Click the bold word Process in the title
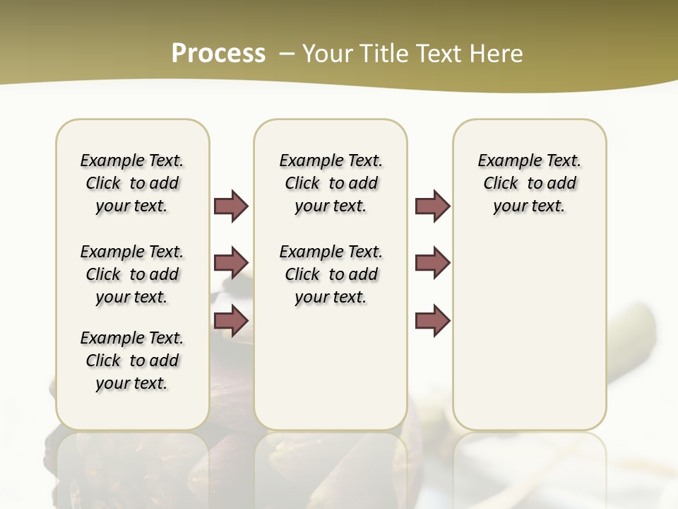pos(218,53)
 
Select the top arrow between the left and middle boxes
pos(231,206)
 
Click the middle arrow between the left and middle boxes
pos(231,263)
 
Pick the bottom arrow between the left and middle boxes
pos(231,321)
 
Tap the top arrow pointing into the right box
pos(432,206)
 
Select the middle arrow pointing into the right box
pos(432,263)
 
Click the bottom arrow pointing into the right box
pos(432,321)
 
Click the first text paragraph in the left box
pos(132,183)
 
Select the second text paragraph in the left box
pos(132,274)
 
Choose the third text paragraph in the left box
pos(132,361)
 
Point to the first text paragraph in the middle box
pos(331,183)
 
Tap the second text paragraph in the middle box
pos(331,274)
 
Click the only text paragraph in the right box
pos(529,183)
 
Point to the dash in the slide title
pos(287,53)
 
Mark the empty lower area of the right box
pos(529,339)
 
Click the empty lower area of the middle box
pos(331,368)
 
